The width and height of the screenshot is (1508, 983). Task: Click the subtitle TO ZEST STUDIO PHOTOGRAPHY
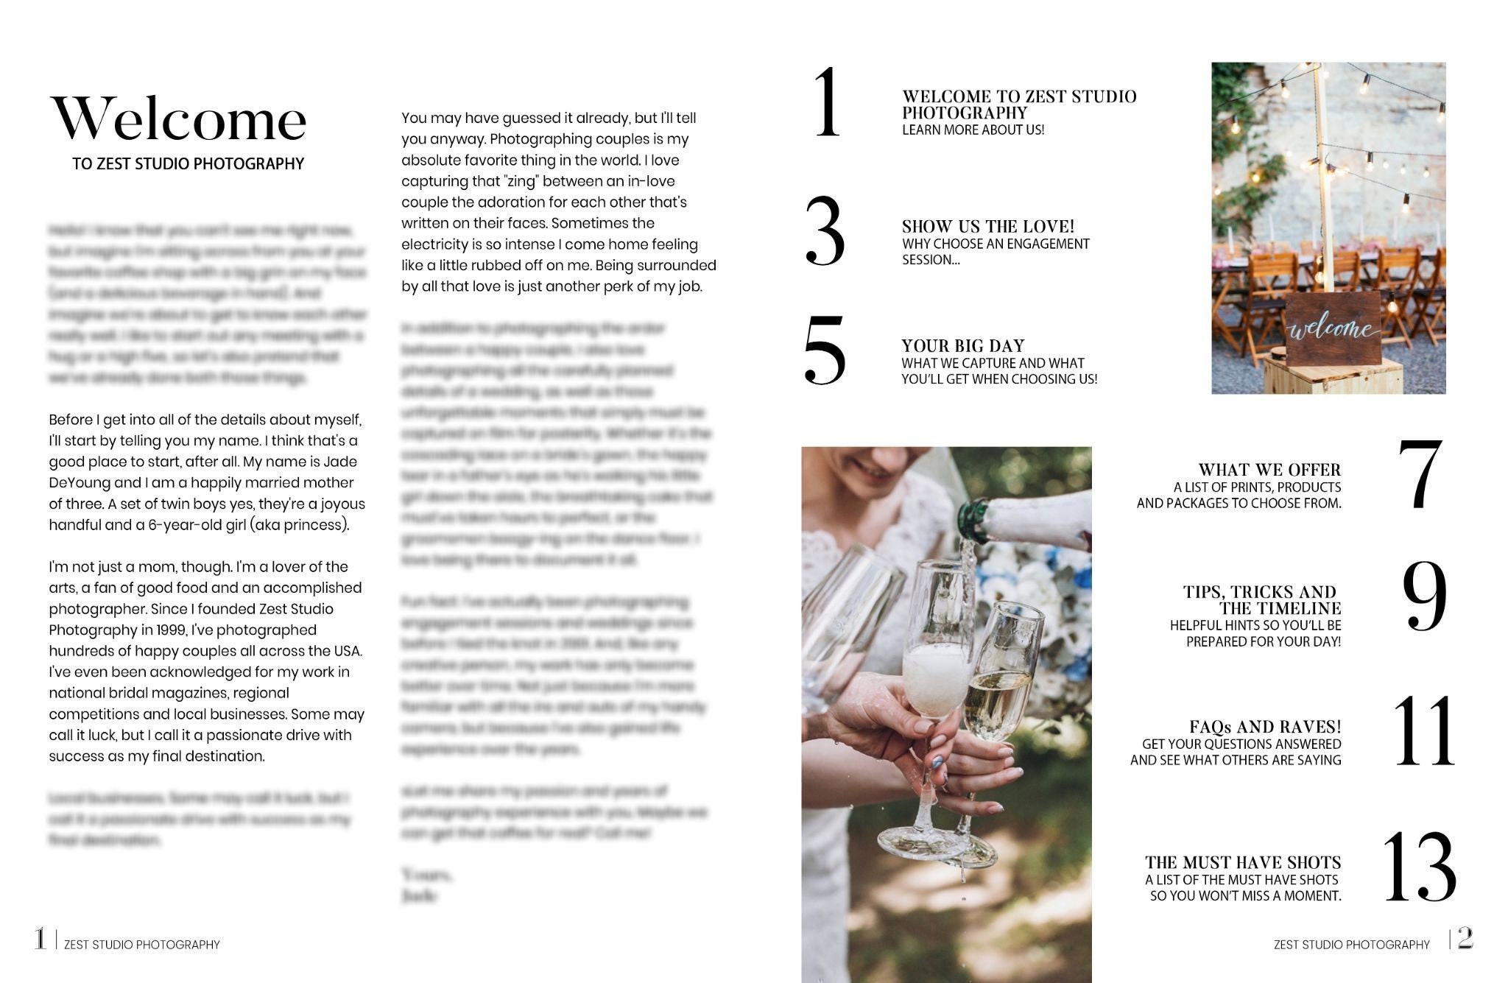click(x=188, y=163)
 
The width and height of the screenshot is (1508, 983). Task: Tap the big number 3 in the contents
click(x=825, y=230)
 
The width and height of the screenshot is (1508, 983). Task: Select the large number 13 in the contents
click(x=1420, y=867)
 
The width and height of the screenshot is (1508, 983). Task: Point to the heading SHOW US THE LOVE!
click(x=988, y=226)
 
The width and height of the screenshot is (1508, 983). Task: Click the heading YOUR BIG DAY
click(x=962, y=345)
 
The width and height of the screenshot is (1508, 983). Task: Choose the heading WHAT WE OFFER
click(x=1269, y=469)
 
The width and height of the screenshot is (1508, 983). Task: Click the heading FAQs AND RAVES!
click(x=1265, y=727)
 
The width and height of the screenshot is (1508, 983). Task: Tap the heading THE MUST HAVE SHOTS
click(x=1243, y=862)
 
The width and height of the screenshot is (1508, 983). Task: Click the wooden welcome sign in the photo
click(x=1333, y=329)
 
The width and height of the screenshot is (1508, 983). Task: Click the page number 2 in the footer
click(x=1465, y=938)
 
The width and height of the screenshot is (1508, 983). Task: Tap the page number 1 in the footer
click(x=40, y=939)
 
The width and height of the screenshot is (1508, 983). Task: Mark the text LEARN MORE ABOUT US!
click(x=973, y=130)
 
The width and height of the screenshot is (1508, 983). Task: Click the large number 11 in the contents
click(x=1423, y=730)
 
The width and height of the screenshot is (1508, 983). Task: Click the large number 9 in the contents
click(x=1424, y=596)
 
